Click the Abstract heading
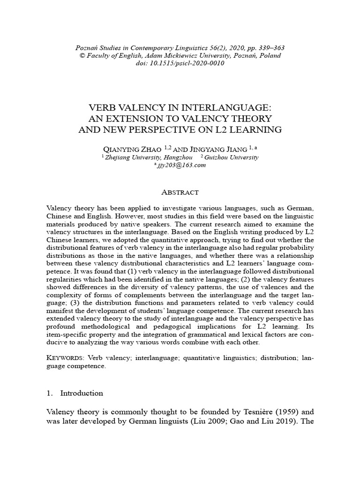point(180,192)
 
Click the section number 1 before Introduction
point(49,393)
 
